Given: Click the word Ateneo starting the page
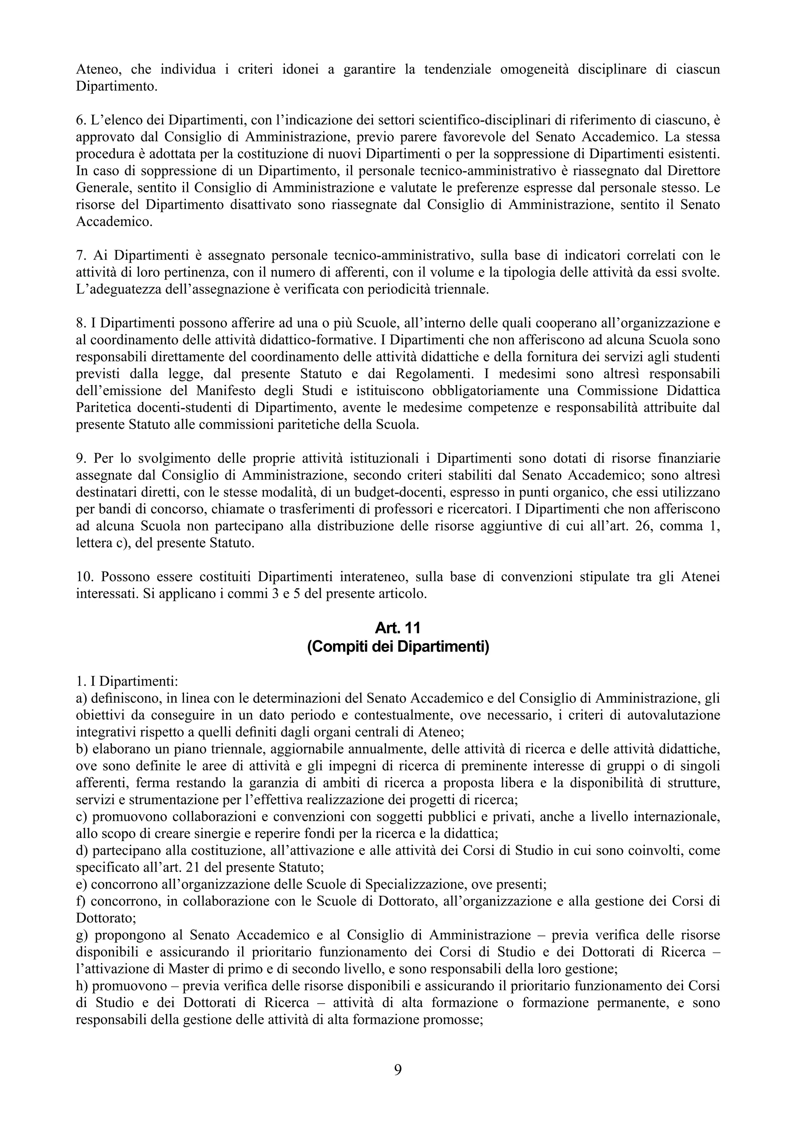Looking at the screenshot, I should coord(95,70).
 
